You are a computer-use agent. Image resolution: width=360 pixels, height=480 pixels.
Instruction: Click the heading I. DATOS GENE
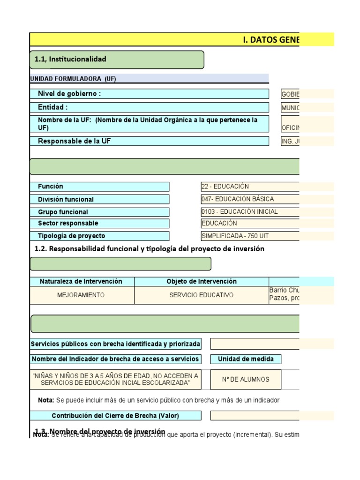[x=271, y=40]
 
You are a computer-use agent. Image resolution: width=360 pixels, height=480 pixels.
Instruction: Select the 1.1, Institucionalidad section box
[x=117, y=60]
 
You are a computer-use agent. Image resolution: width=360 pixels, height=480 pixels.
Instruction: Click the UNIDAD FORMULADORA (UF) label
[x=73, y=79]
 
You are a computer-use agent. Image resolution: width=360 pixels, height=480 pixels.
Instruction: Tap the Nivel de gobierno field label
[x=69, y=94]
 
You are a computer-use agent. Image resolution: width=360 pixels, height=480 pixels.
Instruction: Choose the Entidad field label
[x=53, y=107]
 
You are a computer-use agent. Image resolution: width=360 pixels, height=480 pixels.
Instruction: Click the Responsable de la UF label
[x=75, y=141]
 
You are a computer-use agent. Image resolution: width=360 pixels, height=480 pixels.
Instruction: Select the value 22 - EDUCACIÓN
[x=225, y=187]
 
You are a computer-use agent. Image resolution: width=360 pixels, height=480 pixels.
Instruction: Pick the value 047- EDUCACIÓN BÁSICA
[x=238, y=199]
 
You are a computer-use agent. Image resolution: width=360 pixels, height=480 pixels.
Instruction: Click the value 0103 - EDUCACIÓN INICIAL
[x=240, y=212]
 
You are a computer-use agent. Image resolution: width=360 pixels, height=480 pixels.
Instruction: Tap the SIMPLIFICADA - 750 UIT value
[x=235, y=236]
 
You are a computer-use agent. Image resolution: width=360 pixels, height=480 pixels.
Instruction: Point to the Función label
[x=51, y=187]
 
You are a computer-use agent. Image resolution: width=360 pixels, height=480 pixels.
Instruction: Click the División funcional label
[x=66, y=199]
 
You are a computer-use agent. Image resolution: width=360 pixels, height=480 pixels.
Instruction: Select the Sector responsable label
[x=68, y=224]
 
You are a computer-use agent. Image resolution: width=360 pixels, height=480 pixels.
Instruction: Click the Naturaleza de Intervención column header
[x=81, y=281]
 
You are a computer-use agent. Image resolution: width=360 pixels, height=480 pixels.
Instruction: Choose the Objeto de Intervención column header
[x=202, y=281]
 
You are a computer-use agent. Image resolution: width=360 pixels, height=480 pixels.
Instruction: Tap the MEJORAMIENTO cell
[x=81, y=295]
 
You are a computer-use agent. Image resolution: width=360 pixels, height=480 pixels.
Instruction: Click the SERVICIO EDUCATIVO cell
[x=202, y=295]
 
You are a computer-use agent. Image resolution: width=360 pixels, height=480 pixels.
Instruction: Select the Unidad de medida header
[x=246, y=359]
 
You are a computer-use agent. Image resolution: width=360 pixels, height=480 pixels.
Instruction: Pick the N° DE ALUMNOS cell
[x=246, y=380]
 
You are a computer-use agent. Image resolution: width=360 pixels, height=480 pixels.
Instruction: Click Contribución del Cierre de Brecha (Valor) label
[x=115, y=416]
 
